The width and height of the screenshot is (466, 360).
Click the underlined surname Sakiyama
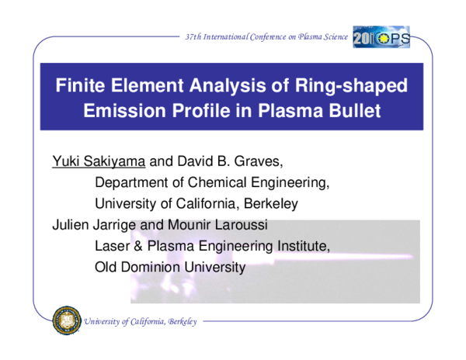coord(112,163)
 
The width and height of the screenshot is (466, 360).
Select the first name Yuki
coord(65,163)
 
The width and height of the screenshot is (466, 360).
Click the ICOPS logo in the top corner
coord(381,36)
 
